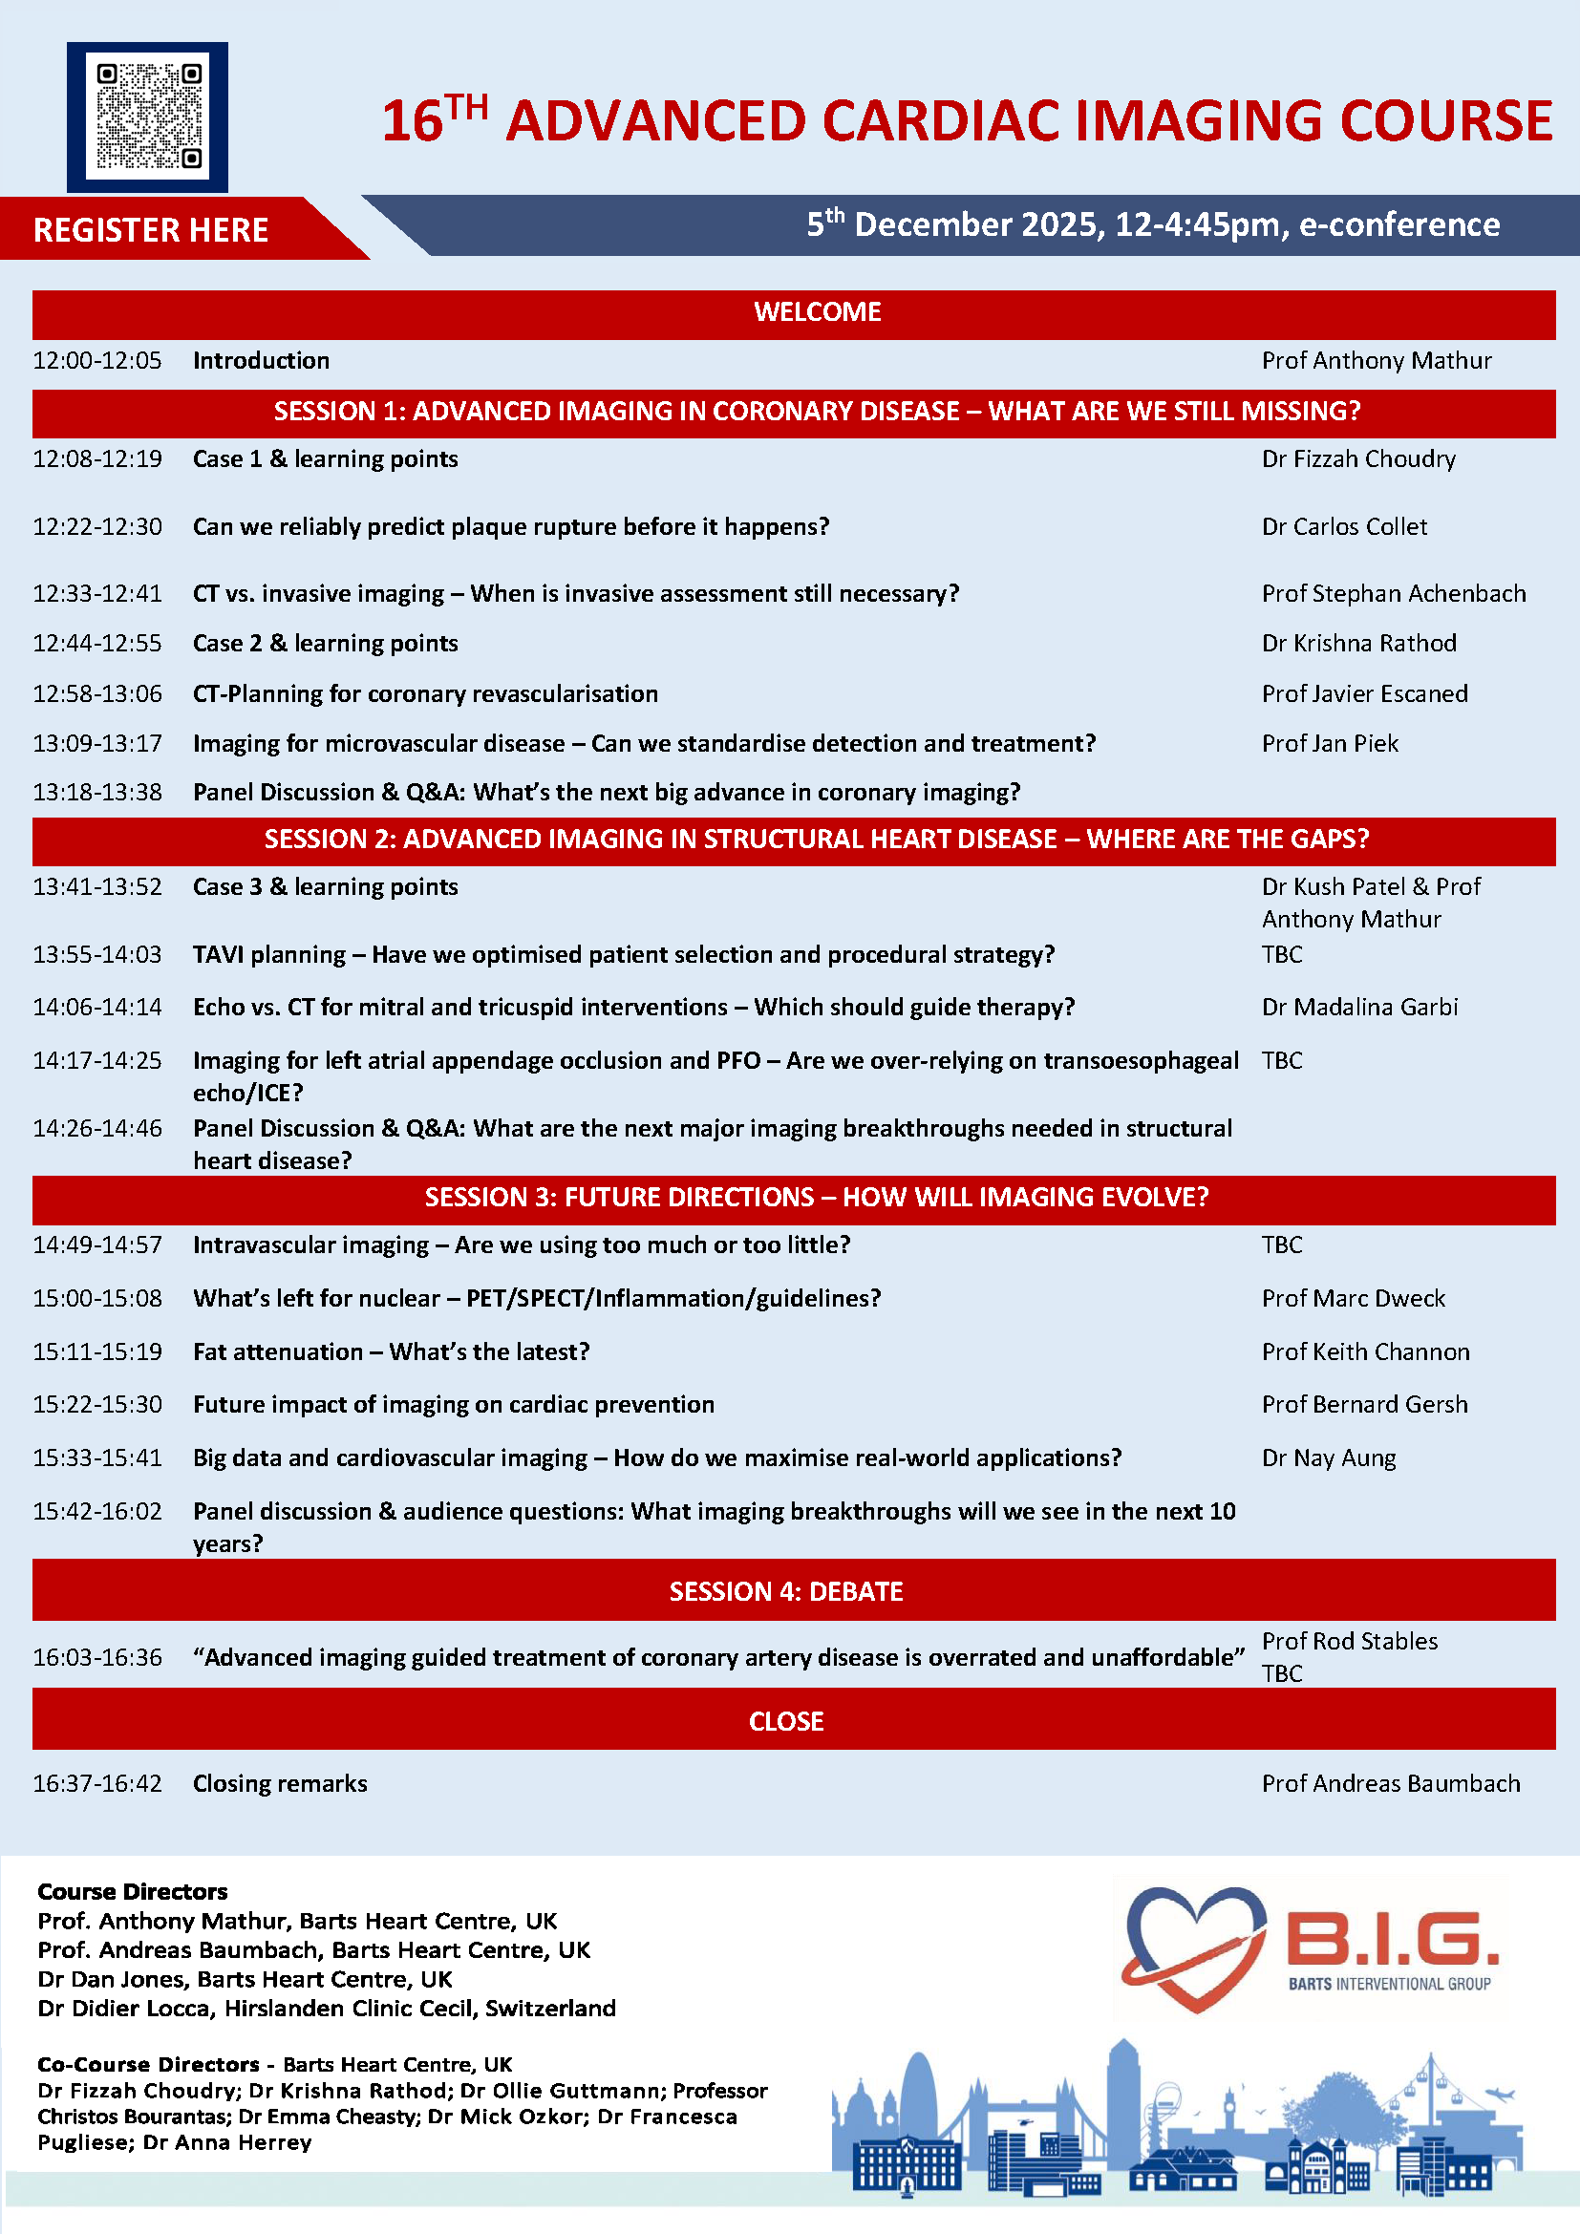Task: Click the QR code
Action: point(148,117)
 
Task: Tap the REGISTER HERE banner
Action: point(151,229)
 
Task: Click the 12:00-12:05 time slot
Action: point(97,361)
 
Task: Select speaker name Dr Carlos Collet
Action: point(1344,526)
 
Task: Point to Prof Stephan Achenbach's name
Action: point(1393,593)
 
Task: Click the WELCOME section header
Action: point(818,312)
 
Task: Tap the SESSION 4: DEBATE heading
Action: point(786,1591)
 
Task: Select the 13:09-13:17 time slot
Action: point(97,743)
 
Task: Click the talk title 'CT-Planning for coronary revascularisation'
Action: point(425,693)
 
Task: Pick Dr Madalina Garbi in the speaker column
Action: point(1359,1007)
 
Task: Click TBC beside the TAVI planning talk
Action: point(1281,954)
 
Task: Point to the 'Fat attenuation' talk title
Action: point(391,1351)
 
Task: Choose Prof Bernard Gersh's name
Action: point(1364,1404)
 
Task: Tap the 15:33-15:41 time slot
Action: point(97,1457)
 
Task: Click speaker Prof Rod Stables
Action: point(1350,1642)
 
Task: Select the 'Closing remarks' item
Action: point(280,1783)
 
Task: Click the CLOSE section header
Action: point(786,1721)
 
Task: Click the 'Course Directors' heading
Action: point(133,1891)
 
